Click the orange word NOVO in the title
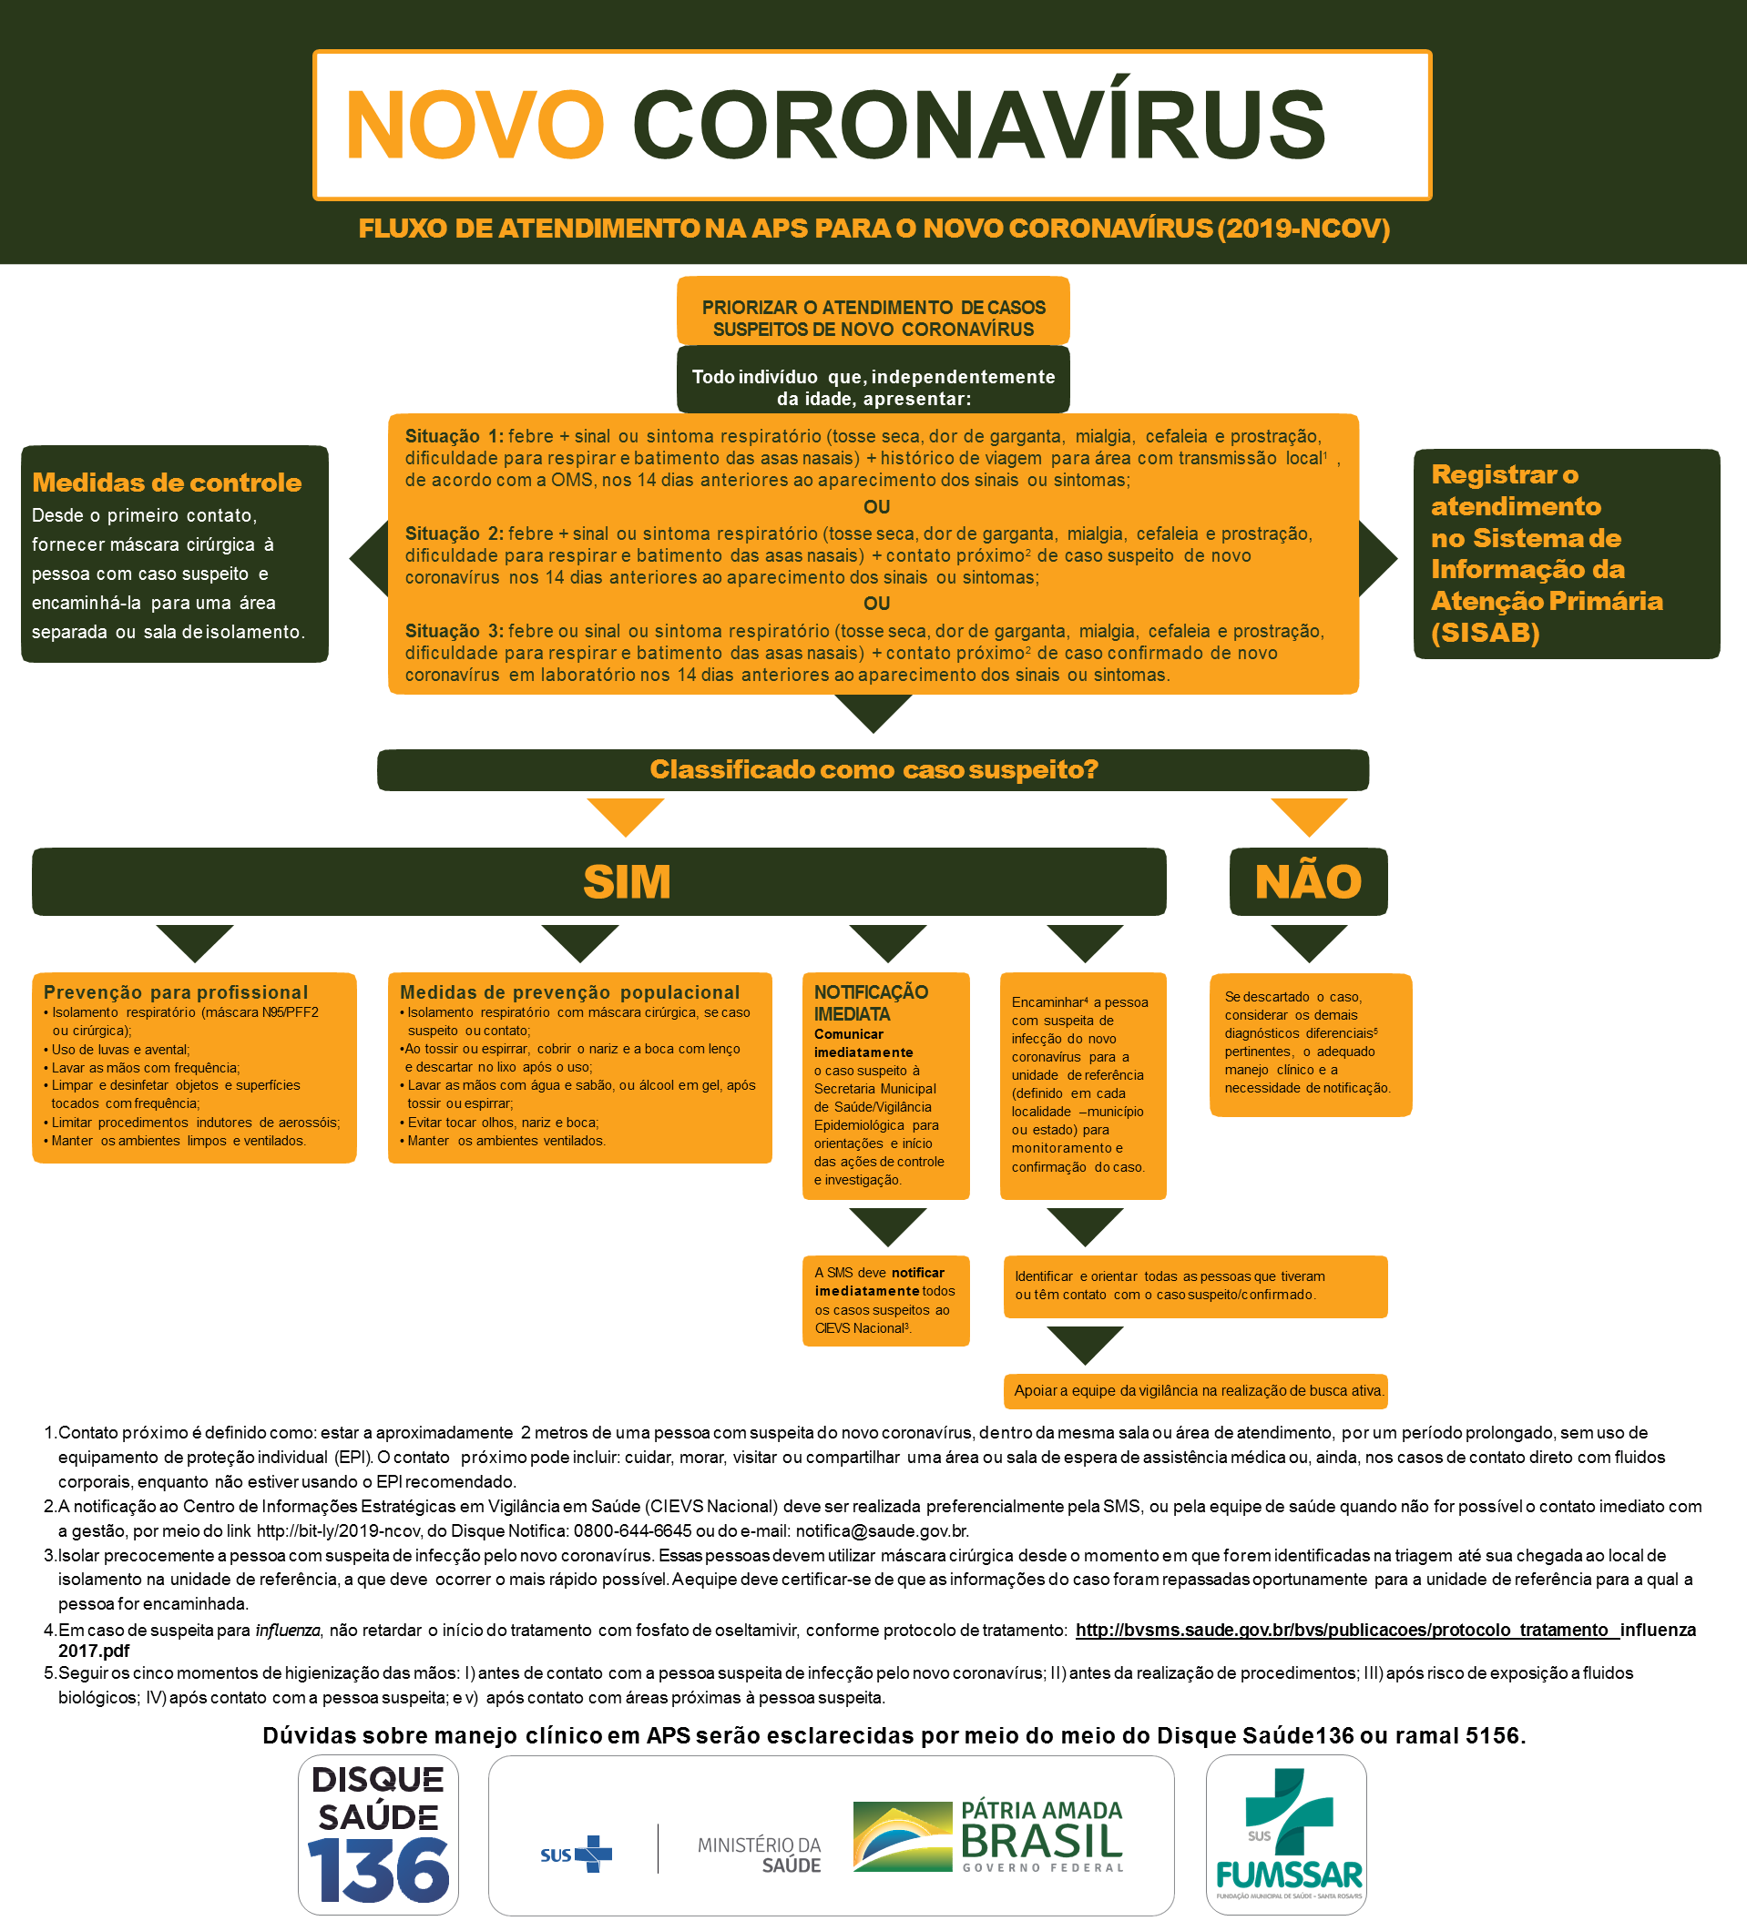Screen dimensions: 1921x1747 coord(474,124)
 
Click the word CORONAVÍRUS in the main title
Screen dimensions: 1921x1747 coord(978,124)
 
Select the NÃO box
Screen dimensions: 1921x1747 coord(1308,881)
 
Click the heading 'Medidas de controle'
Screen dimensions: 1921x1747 coord(167,483)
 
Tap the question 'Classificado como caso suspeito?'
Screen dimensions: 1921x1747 coord(873,769)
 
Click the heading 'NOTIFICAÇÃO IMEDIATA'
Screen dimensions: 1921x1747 coord(870,1002)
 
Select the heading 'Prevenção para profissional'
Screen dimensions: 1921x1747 coord(176,992)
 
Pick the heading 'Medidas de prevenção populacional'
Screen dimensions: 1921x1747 coord(569,992)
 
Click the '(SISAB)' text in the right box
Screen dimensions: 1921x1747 coord(1485,633)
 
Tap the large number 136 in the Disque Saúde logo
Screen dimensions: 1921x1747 coord(378,1869)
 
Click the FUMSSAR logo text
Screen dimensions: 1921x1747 coord(1289,1875)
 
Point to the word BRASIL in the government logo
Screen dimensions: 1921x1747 coord(1042,1841)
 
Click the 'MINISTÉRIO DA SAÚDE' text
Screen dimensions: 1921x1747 coord(760,1855)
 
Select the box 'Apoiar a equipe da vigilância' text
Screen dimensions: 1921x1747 coord(1197,1390)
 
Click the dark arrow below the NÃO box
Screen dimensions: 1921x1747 coord(1308,942)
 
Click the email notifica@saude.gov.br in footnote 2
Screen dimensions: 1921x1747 coord(882,1531)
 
